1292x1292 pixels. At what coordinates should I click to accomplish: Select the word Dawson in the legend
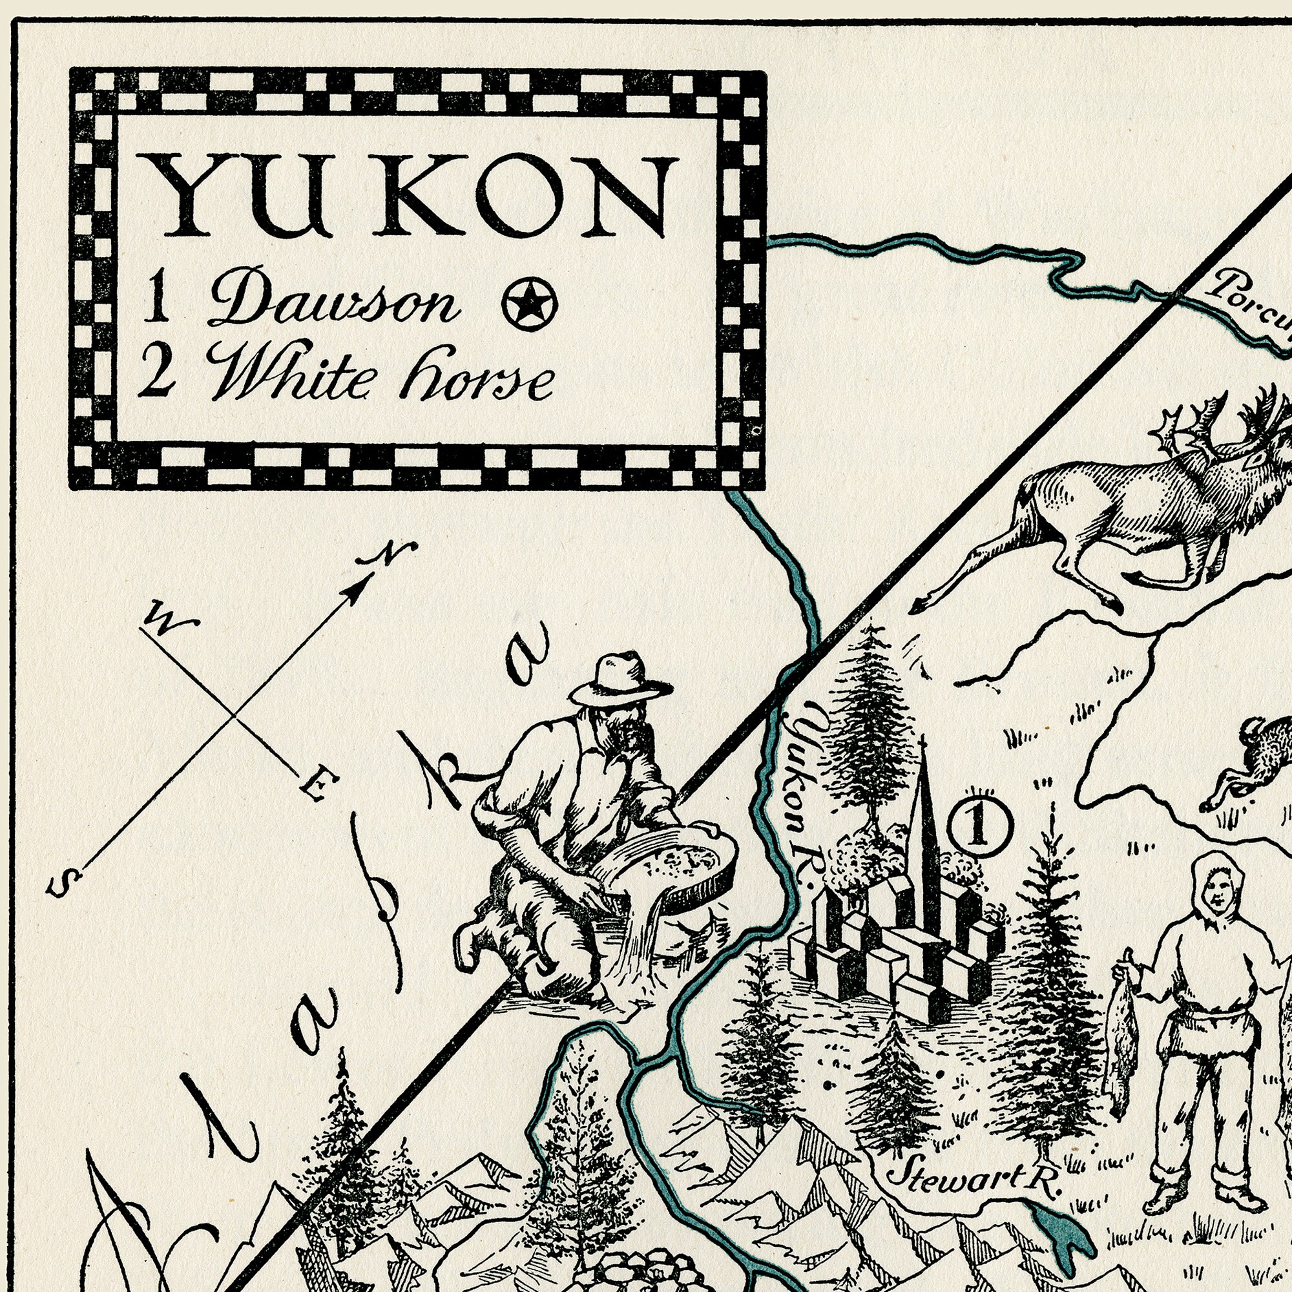tap(335, 304)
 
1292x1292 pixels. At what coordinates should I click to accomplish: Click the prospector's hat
tap(620, 679)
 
